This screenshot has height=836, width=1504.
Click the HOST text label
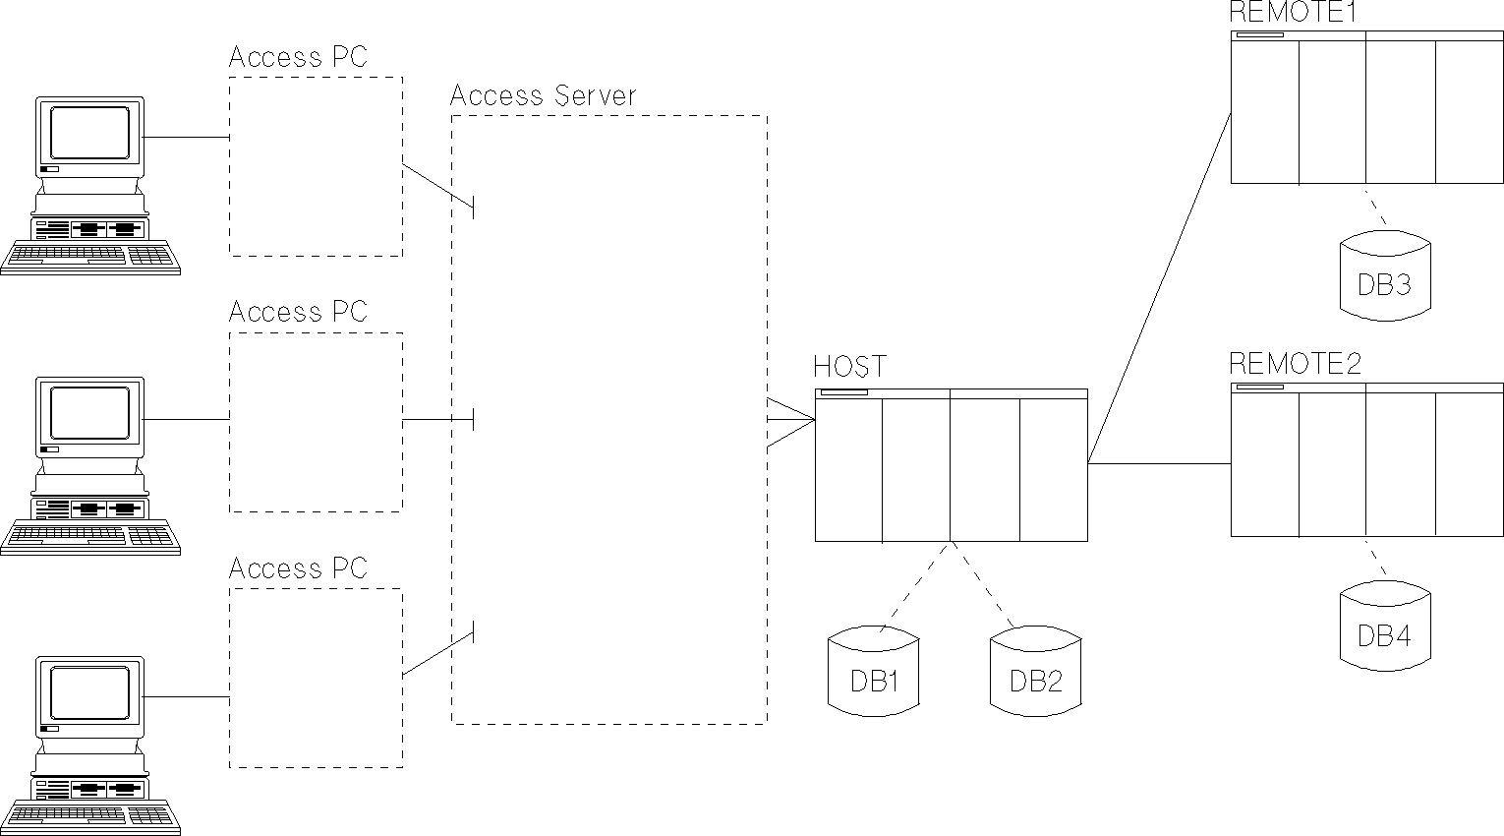[849, 367]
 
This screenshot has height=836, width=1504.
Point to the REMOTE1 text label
[1293, 13]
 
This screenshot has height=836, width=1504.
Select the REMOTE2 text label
[1296, 364]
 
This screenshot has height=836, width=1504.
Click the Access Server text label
[543, 95]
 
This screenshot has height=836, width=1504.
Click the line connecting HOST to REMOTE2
[1160, 463]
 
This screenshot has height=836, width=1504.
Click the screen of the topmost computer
[89, 132]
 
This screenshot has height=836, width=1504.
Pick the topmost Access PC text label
[298, 58]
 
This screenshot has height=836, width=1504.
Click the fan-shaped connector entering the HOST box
[791, 420]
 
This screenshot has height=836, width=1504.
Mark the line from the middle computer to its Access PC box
[187, 419]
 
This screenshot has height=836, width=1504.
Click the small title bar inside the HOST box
[844, 392]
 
